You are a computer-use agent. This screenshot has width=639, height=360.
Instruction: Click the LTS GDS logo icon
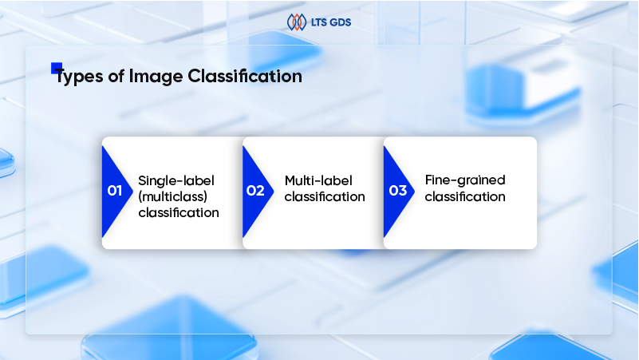pyautogui.click(x=296, y=22)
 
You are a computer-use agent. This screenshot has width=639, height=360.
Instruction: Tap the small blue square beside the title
pyautogui.click(x=57, y=68)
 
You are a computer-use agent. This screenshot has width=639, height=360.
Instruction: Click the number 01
pyautogui.click(x=114, y=191)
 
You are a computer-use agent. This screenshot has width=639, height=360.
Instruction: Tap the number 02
pyautogui.click(x=255, y=191)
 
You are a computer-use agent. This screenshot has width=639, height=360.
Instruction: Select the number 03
pyautogui.click(x=396, y=191)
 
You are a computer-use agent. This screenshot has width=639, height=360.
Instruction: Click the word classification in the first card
pyautogui.click(x=178, y=213)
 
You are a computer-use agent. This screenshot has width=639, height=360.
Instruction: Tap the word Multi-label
pyautogui.click(x=318, y=180)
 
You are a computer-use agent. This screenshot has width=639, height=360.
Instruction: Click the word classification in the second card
pyautogui.click(x=325, y=196)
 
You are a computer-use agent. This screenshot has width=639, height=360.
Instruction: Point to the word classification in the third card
pyautogui.click(x=465, y=196)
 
